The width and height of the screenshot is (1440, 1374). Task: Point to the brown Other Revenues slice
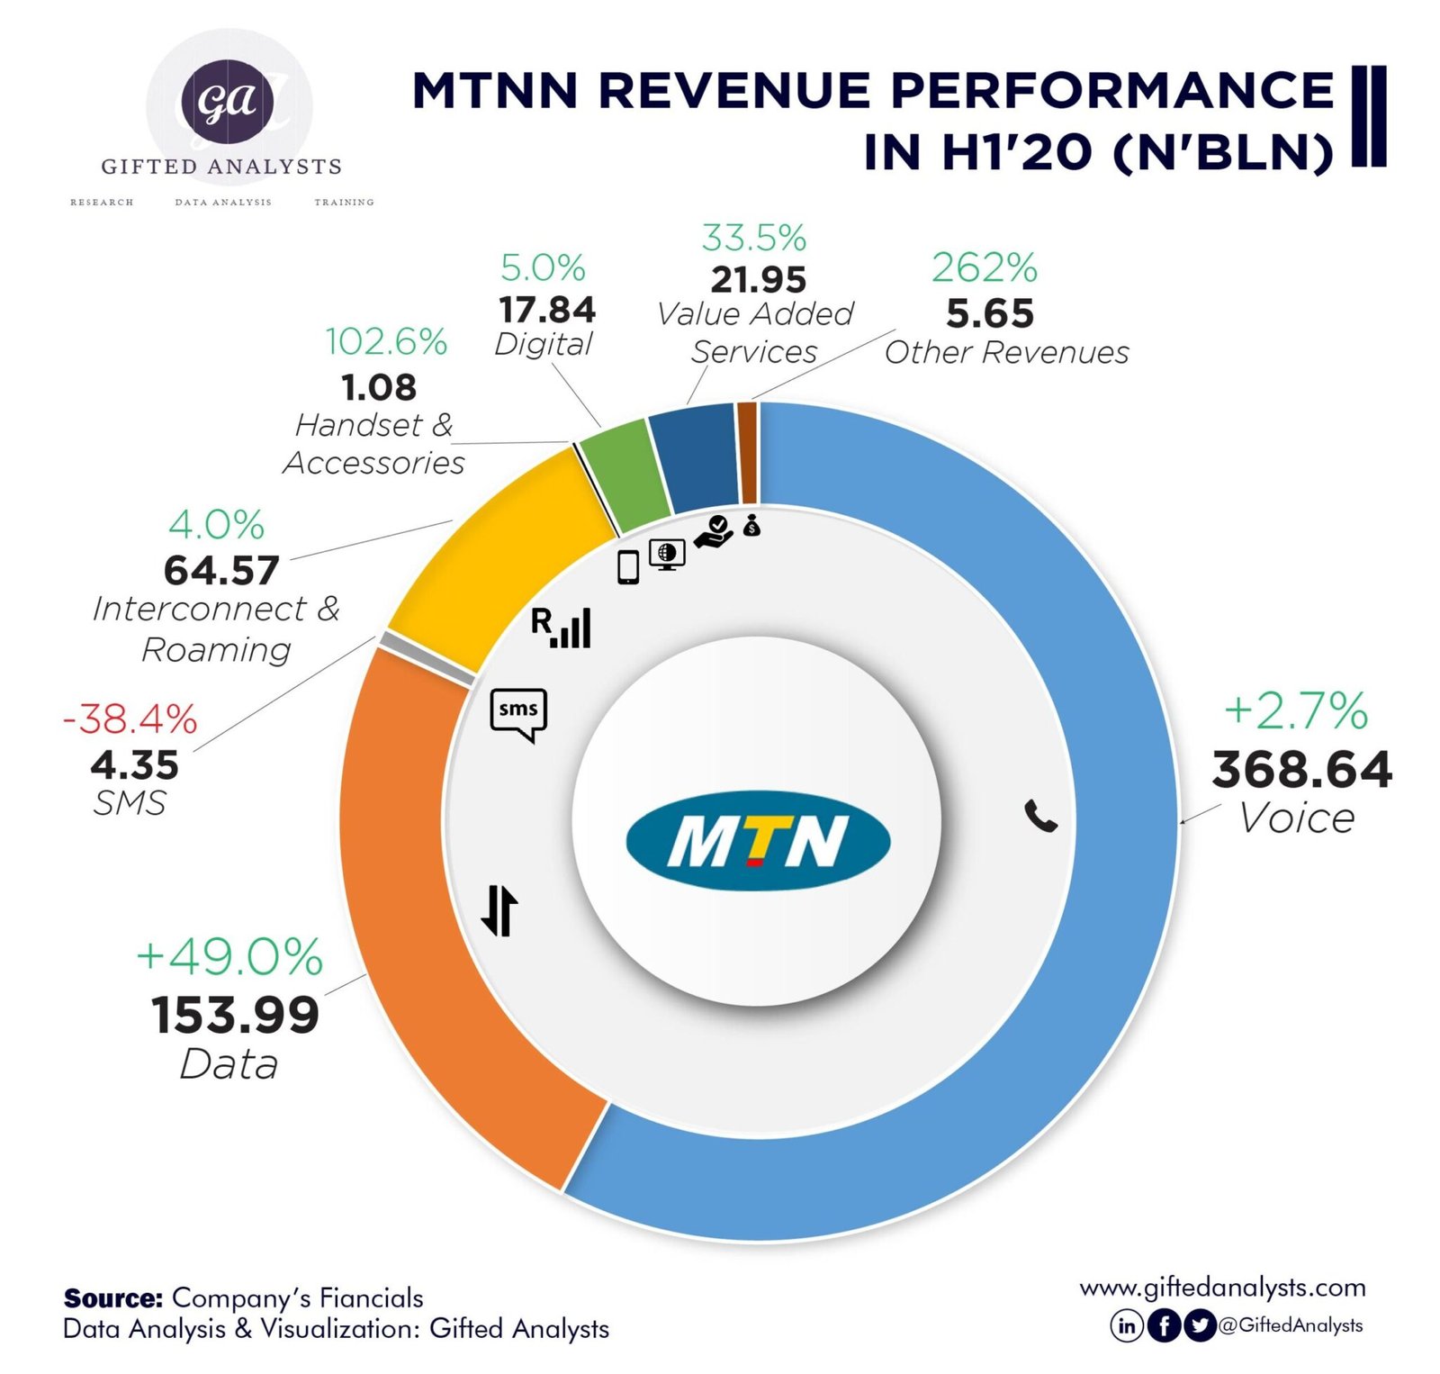[747, 453]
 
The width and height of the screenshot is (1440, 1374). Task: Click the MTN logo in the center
[758, 840]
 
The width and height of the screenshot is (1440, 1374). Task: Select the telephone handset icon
[1041, 815]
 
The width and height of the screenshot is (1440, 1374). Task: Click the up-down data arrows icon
[499, 910]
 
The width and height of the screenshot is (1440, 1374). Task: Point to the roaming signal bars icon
[562, 628]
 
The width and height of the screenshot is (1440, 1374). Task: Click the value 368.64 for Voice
[1301, 771]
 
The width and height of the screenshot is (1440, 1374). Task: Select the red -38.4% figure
[130, 719]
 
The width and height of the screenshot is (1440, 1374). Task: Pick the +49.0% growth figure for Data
[229, 956]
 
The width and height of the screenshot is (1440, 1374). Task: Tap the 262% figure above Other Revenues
[985, 267]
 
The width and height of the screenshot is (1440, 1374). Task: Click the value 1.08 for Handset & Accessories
[379, 387]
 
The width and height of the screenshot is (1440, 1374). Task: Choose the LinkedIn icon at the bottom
[1126, 1325]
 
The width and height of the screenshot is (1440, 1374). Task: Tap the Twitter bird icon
[1199, 1325]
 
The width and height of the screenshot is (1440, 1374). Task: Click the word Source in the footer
[112, 1297]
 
